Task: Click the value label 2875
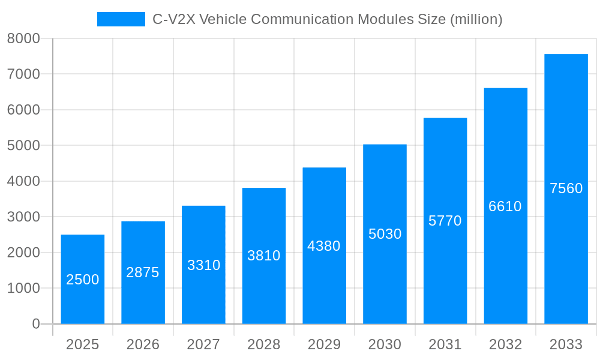pyautogui.click(x=143, y=272)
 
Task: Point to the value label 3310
pyautogui.click(x=203, y=265)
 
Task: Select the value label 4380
pyautogui.click(x=324, y=246)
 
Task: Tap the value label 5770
pyautogui.click(x=445, y=221)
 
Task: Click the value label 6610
pyautogui.click(x=505, y=206)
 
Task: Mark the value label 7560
pyautogui.click(x=566, y=188)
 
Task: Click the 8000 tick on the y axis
pyautogui.click(x=23, y=38)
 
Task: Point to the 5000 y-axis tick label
pyautogui.click(x=23, y=146)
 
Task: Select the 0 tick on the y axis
pyautogui.click(x=35, y=324)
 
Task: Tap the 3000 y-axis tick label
pyautogui.click(x=23, y=217)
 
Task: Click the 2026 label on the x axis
pyautogui.click(x=143, y=344)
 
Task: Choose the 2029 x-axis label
pyautogui.click(x=324, y=344)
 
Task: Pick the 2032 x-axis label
pyautogui.click(x=505, y=344)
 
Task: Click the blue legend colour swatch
pyautogui.click(x=121, y=19)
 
